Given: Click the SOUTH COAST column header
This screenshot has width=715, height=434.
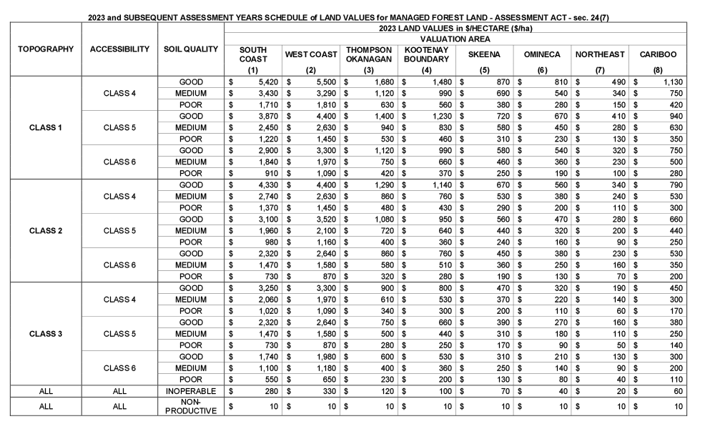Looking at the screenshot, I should (252, 54).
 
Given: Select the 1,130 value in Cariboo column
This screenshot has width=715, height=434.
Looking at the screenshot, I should (671, 82).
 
